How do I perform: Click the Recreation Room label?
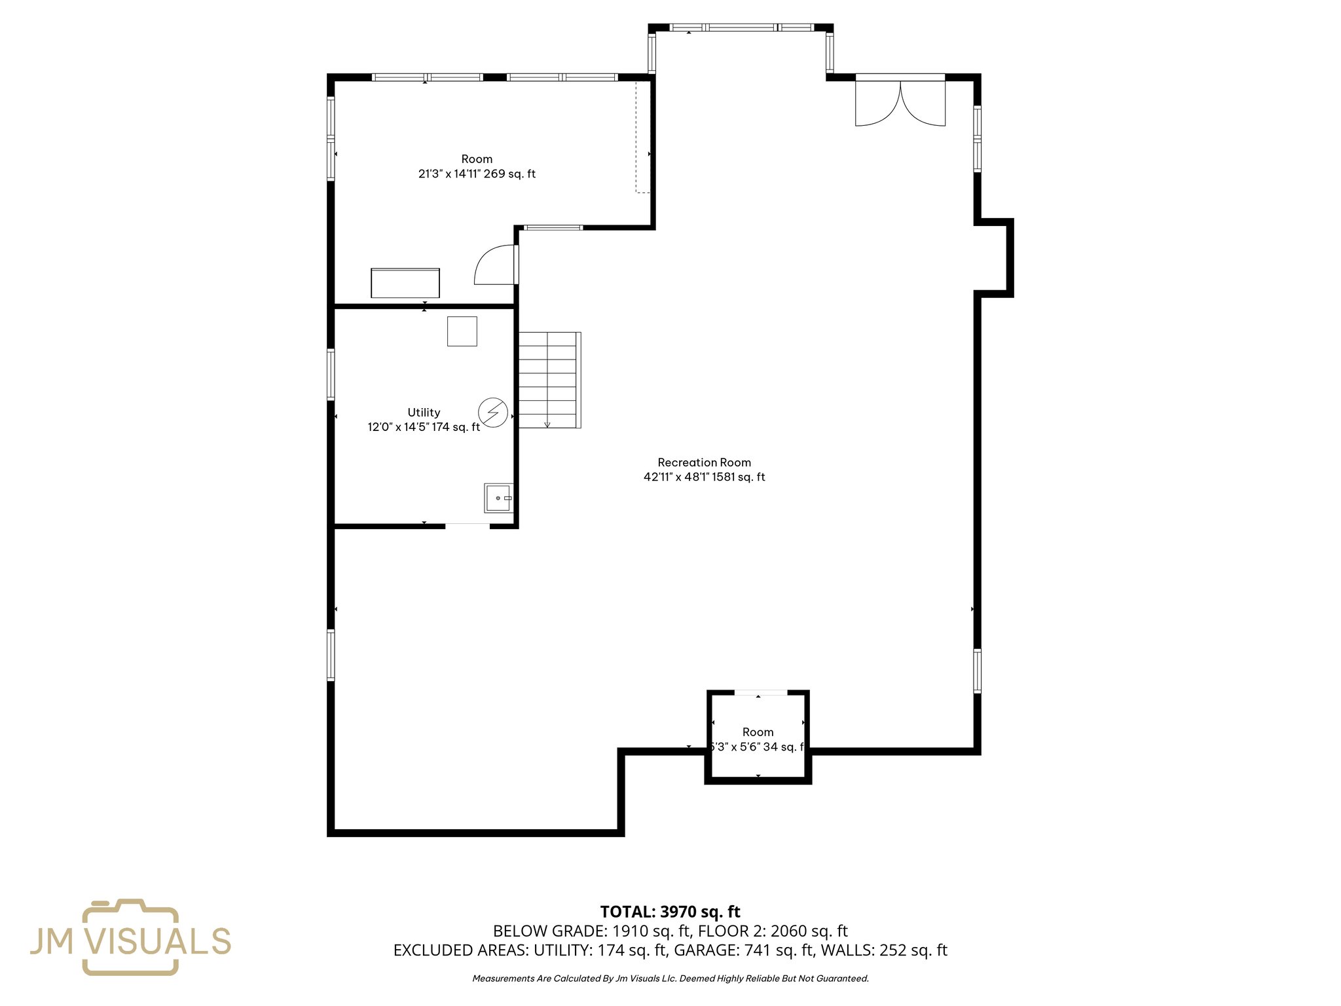tap(704, 462)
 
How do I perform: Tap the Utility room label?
tap(424, 413)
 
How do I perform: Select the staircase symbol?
tap(549, 380)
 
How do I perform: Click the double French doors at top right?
tap(900, 102)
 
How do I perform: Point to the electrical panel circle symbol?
tap(493, 413)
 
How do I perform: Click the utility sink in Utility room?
tap(498, 498)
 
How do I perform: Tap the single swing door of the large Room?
tap(496, 265)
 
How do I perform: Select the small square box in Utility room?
tap(462, 331)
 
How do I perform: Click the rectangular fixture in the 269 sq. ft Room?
tap(405, 283)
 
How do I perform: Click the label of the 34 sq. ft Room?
tap(758, 732)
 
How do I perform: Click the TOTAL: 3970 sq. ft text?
tap(670, 912)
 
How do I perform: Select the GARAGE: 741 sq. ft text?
tap(743, 950)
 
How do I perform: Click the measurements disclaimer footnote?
tap(670, 978)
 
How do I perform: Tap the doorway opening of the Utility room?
tap(468, 525)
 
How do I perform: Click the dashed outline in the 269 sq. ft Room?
tap(642, 138)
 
